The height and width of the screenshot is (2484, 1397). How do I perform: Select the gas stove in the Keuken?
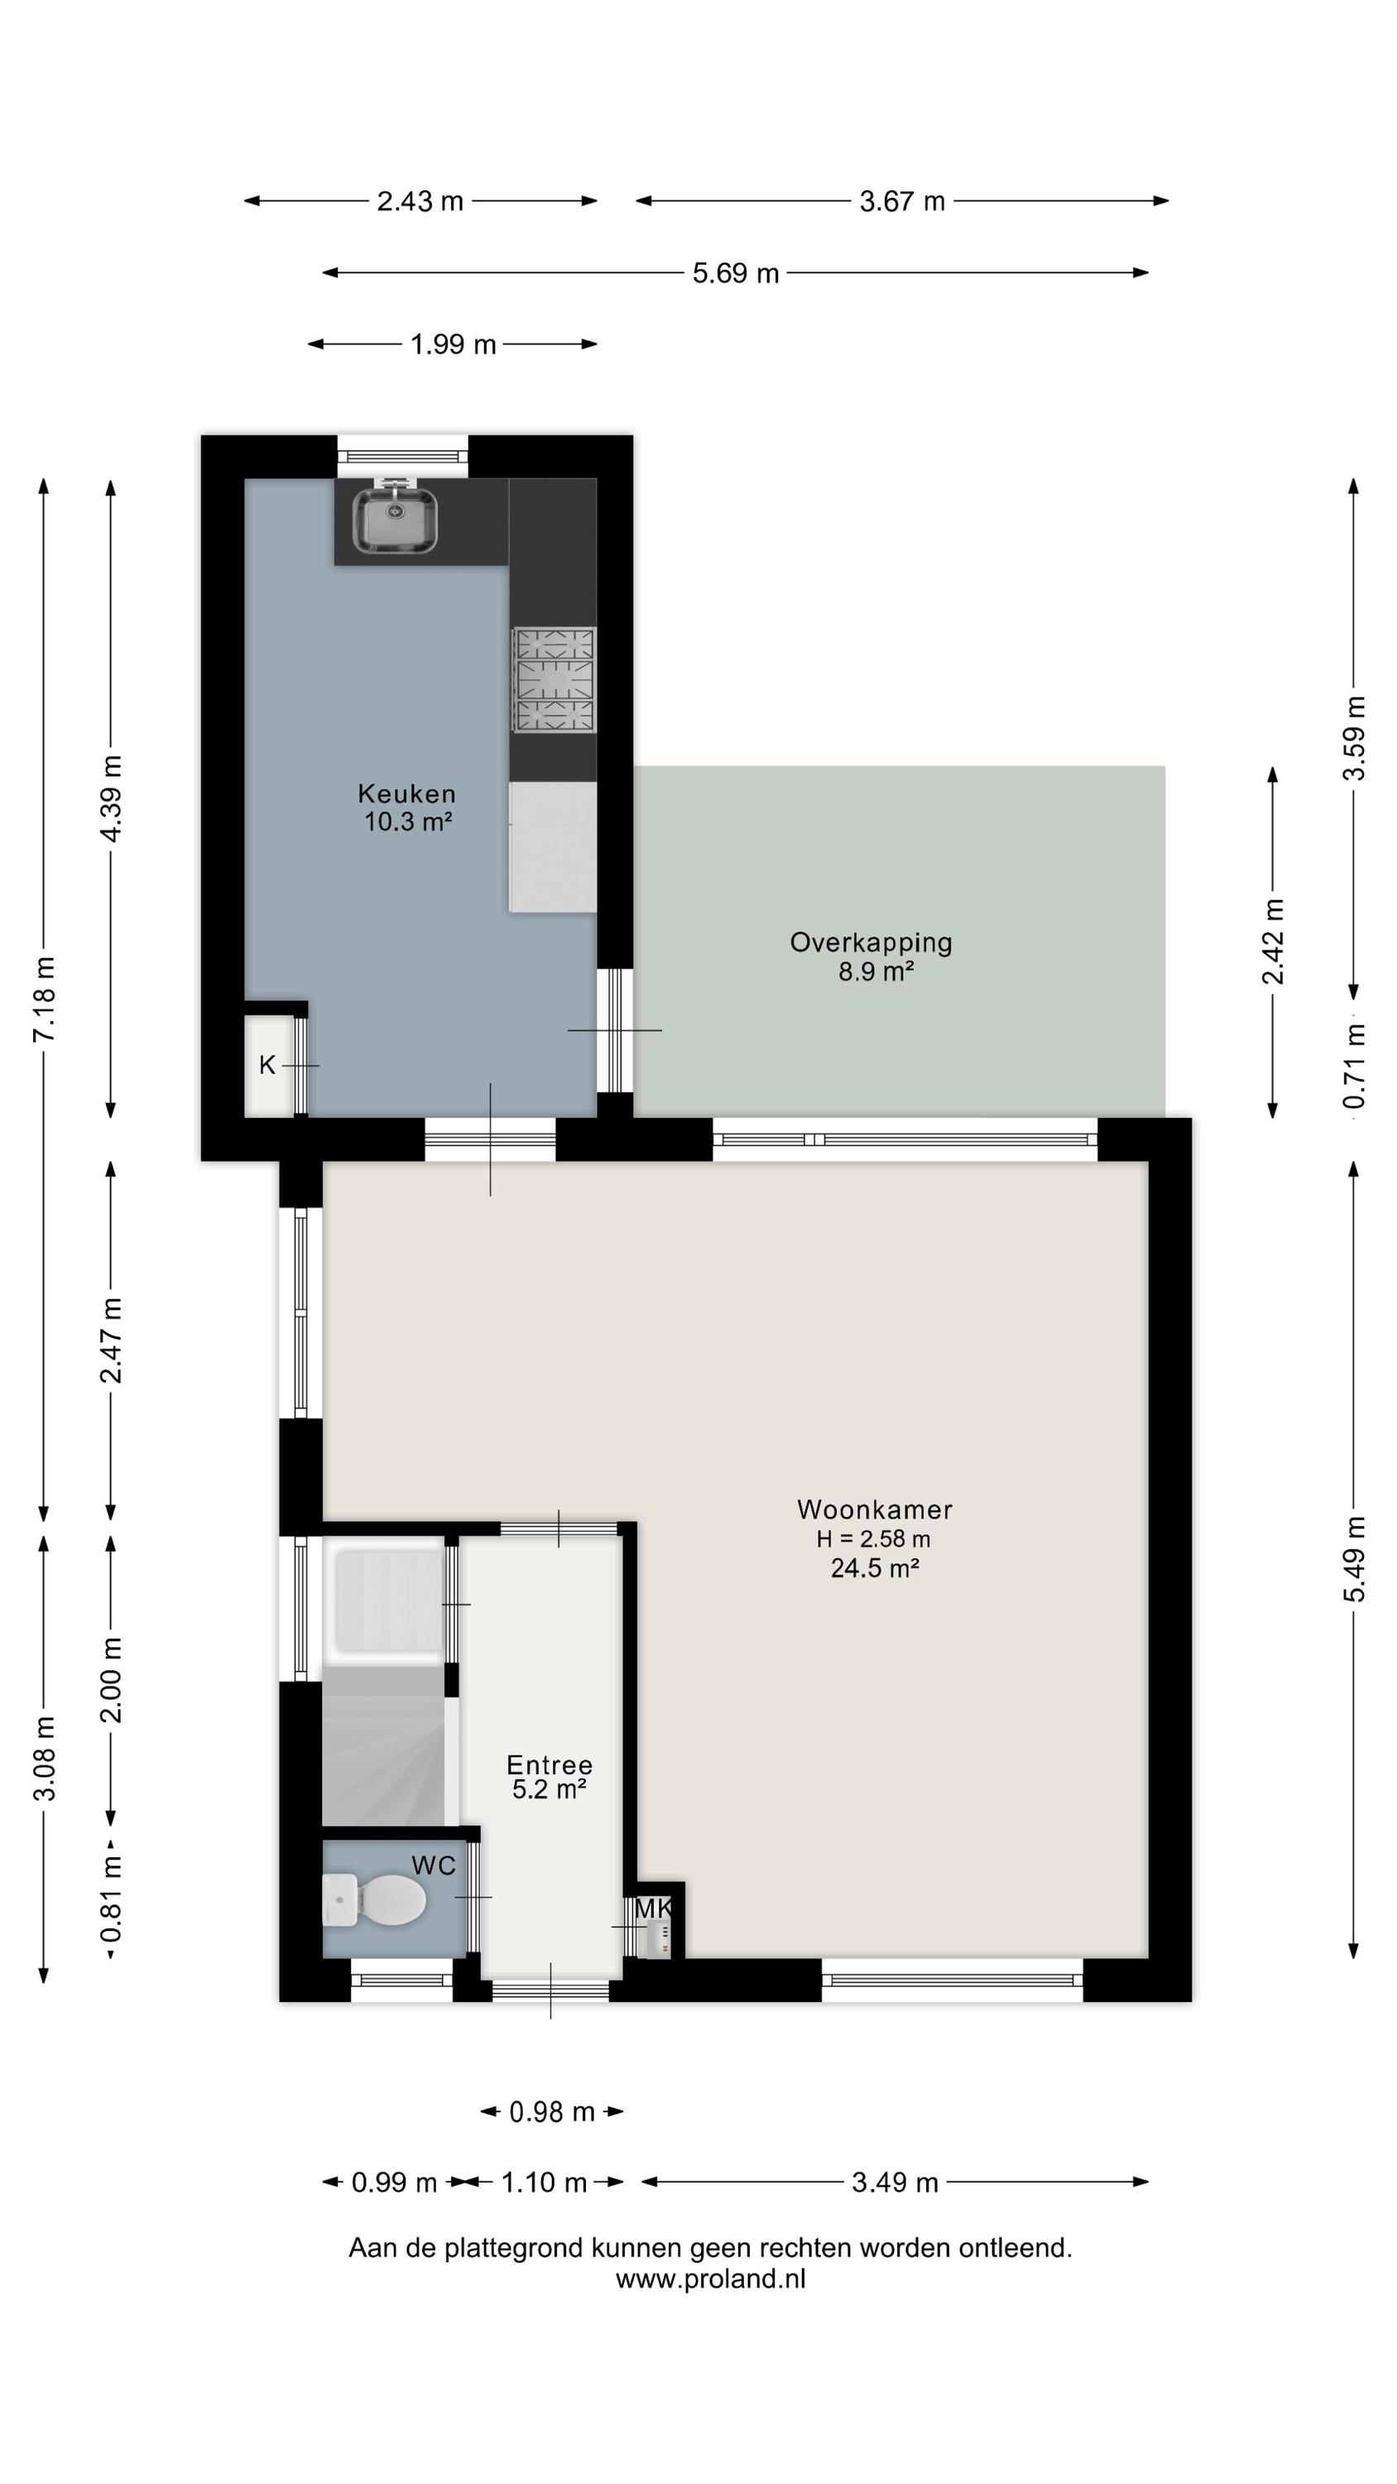click(x=554, y=680)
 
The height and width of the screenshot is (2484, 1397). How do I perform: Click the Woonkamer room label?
click(x=875, y=1509)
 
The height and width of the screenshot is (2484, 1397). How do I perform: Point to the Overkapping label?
click(x=871, y=942)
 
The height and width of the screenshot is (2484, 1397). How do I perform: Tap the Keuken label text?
click(x=407, y=793)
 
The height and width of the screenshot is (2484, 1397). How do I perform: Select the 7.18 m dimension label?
click(x=46, y=998)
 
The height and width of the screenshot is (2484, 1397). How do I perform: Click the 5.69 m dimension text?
click(x=736, y=273)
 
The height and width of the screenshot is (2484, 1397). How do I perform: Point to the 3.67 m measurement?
click(x=902, y=201)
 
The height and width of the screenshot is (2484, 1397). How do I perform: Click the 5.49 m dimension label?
click(x=1355, y=1559)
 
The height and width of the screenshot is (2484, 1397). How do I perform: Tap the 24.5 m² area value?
click(x=875, y=1568)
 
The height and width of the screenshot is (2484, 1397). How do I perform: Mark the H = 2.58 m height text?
click(x=873, y=1539)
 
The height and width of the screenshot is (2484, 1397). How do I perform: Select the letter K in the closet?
click(x=267, y=1065)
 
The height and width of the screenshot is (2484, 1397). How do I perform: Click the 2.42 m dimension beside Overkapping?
click(x=1274, y=941)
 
